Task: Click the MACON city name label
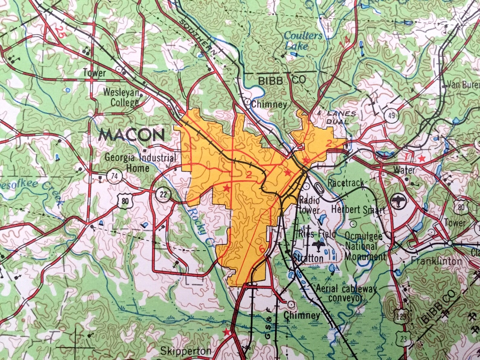coord(132,135)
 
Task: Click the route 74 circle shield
coord(114,176)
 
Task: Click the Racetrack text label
coord(346,183)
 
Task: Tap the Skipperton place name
coord(186,351)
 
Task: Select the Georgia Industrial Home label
coord(140,163)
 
